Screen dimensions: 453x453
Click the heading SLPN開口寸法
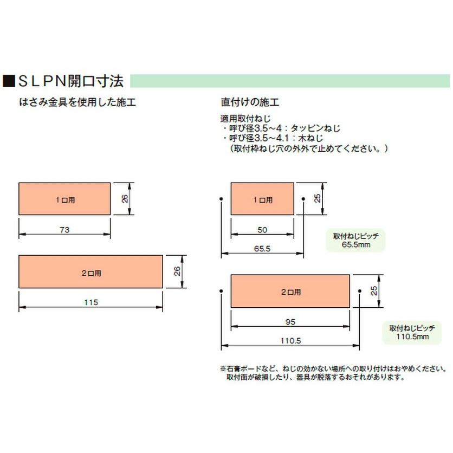pos(71,82)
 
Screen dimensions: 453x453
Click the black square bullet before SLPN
pos(9,82)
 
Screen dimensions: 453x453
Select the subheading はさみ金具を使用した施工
pos(77,102)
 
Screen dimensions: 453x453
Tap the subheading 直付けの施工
pos(250,102)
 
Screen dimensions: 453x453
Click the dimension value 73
pos(64,230)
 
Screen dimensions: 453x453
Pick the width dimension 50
pos(262,230)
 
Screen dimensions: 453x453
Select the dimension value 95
pos(289,322)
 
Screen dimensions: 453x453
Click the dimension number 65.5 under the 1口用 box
pos(261,249)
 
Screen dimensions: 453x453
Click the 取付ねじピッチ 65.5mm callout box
pos(355,241)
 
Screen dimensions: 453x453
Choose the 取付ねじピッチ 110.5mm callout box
pos(412,332)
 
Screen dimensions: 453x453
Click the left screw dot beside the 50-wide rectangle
pos(221,199)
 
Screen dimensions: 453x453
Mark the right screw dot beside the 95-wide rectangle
pos(359,291)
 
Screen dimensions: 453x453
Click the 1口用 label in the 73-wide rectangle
pos(65,199)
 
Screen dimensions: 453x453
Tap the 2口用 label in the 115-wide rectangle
pos(91,273)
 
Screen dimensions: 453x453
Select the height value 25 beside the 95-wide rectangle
pos(374,291)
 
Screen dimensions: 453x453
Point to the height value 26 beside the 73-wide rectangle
pos(125,199)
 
